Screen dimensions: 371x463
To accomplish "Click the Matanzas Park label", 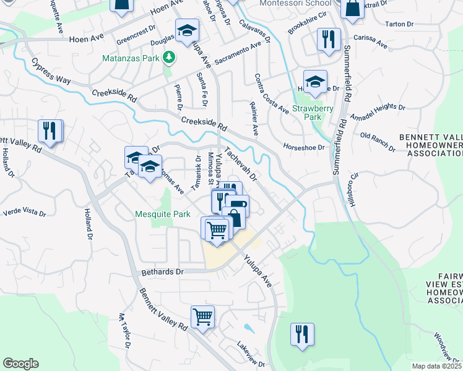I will coord(132,58).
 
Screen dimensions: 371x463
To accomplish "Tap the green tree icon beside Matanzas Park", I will coord(168,58).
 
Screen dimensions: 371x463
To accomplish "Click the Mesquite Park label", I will coord(163,215).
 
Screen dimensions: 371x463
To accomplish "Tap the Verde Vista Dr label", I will coord(25,212).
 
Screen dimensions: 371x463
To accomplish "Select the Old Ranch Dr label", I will coord(378,142).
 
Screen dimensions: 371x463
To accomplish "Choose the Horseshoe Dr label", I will coord(304,147).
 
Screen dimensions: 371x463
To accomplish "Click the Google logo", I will coord(20,364).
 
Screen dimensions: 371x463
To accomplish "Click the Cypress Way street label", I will coord(52,72).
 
